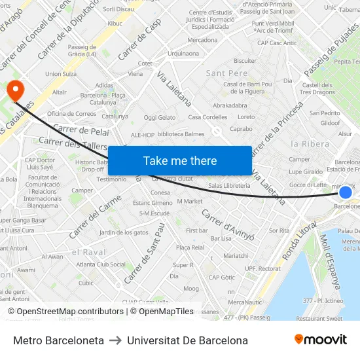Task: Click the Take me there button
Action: coord(180,160)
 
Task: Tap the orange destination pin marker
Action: coord(13,90)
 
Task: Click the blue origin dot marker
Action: coord(346,192)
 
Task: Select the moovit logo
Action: coord(321,339)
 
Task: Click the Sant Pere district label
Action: coord(226,73)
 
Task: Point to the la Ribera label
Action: coord(310,143)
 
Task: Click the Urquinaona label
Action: coord(183,54)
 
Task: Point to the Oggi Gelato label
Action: coord(160,118)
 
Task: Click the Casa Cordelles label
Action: coord(207,118)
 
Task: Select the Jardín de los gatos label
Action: coord(124,232)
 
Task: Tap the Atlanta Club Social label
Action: coord(101,264)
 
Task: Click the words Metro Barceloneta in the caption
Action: coord(58,340)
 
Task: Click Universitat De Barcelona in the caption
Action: coord(187,340)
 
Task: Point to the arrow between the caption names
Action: coord(115,340)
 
